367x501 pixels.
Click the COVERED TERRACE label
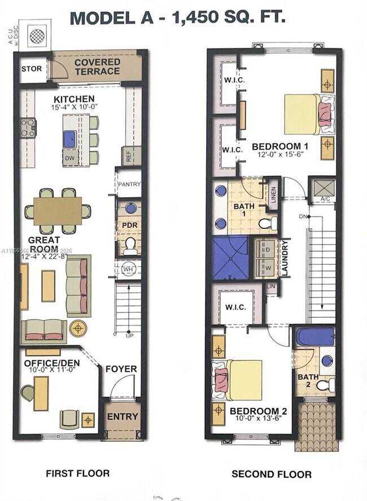[x=97, y=66]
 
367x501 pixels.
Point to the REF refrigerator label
[x=129, y=157]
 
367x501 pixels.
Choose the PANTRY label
[x=129, y=184]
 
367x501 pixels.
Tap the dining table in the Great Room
[x=57, y=211]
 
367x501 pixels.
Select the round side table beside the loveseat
[x=78, y=327]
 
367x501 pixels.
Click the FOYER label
[x=121, y=369]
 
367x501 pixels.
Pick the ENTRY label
[x=122, y=416]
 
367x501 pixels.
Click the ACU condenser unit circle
[x=37, y=35]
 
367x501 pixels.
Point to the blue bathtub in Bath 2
[x=315, y=336]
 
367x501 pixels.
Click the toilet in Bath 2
[x=325, y=385]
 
